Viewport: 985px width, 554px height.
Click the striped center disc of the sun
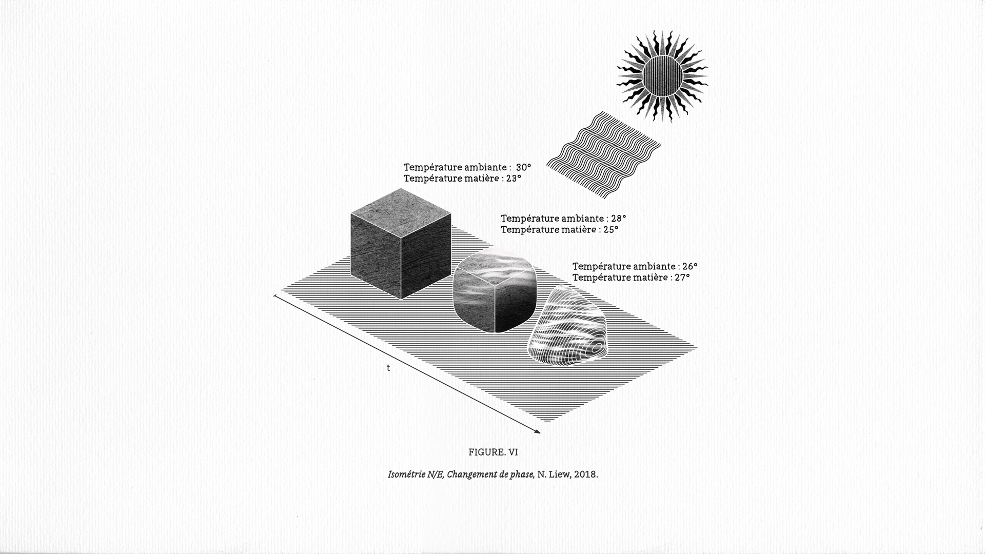click(x=662, y=76)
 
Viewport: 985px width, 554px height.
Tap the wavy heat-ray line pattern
click(x=604, y=155)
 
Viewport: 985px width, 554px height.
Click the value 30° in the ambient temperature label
click(x=523, y=167)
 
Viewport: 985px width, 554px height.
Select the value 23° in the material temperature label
click(x=513, y=179)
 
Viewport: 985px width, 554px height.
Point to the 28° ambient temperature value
click(x=618, y=219)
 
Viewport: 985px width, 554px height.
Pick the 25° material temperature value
click(x=610, y=230)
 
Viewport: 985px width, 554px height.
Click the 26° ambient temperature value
click(x=689, y=267)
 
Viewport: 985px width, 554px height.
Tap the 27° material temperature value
click(x=682, y=278)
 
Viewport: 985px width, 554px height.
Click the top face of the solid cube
click(x=401, y=213)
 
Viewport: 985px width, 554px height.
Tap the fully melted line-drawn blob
click(x=567, y=326)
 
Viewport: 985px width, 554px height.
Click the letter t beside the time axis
click(x=388, y=368)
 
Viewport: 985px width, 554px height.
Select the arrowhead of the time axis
click(x=537, y=431)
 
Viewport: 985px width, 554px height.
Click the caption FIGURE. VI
click(x=493, y=452)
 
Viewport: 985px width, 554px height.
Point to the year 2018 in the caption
click(x=585, y=474)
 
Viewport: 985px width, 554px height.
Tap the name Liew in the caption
click(x=559, y=474)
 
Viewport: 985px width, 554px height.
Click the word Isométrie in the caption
click(x=406, y=474)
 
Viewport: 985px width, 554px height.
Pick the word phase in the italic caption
click(x=522, y=474)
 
